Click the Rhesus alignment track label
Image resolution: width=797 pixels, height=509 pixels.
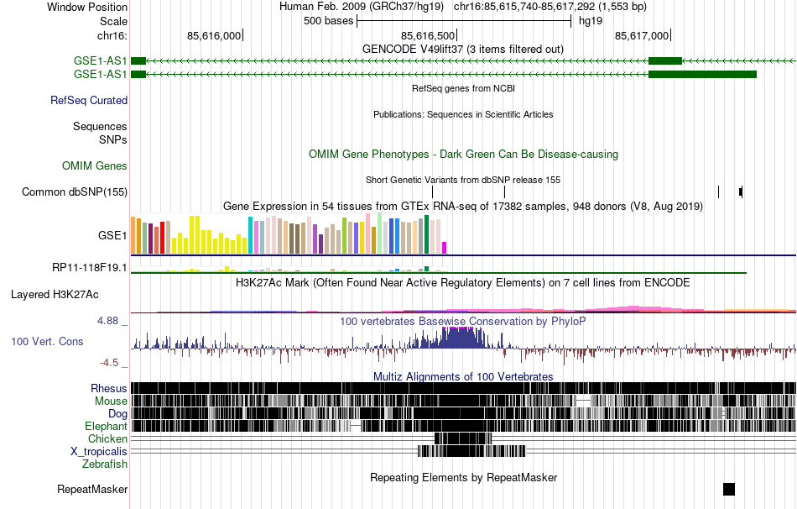pyautogui.click(x=109, y=389)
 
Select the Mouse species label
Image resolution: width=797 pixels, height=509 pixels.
pyautogui.click(x=111, y=401)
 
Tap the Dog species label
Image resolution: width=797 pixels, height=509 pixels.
pyautogui.click(x=117, y=414)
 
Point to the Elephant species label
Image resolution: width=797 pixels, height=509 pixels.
pyautogui.click(x=106, y=427)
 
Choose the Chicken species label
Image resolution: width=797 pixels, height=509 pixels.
pyautogui.click(x=107, y=439)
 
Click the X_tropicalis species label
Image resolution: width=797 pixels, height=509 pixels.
pyautogui.click(x=99, y=451)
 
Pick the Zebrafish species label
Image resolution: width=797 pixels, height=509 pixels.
pyautogui.click(x=105, y=464)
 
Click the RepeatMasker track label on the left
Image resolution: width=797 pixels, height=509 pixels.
pyautogui.click(x=92, y=489)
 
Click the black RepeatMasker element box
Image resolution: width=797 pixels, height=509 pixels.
pyautogui.click(x=728, y=489)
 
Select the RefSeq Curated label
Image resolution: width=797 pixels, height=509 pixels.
pyautogui.click(x=89, y=100)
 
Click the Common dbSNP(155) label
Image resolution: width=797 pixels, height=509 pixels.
pyautogui.click(x=75, y=192)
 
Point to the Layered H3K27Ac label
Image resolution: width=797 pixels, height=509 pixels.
pyautogui.click(x=55, y=295)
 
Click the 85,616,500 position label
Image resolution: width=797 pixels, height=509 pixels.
pyautogui.click(x=429, y=35)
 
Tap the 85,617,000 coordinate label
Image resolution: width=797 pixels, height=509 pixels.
pyautogui.click(x=642, y=35)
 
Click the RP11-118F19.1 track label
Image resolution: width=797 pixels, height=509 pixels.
pyautogui.click(x=89, y=268)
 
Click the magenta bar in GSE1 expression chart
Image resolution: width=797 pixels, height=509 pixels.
pyautogui.click(x=445, y=247)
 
